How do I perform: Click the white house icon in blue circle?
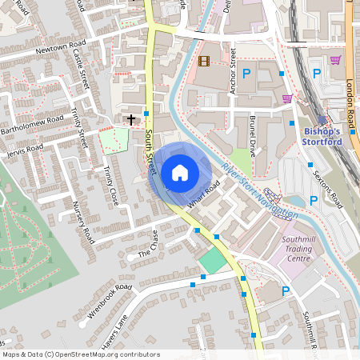[x=179, y=173]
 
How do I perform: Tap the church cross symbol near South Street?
[x=131, y=119]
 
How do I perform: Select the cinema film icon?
[x=203, y=61]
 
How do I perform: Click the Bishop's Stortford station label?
[x=322, y=136]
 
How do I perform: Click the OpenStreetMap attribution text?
[x=81, y=354]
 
